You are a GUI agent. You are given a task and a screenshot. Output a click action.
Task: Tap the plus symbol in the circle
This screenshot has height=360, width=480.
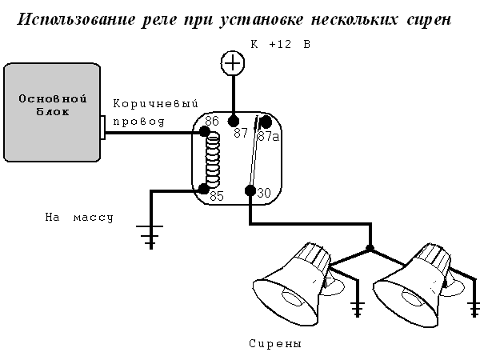point(232,62)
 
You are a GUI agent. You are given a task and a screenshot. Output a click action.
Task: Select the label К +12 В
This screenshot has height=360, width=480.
point(280,45)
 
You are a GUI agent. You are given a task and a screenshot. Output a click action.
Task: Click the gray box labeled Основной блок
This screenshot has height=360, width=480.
point(51,112)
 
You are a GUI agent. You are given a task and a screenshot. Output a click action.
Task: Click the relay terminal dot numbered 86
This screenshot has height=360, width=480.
point(205,131)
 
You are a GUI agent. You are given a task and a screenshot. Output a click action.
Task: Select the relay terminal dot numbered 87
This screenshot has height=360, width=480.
point(234,122)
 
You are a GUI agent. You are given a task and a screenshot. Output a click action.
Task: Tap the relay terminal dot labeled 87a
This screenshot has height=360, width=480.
point(266,122)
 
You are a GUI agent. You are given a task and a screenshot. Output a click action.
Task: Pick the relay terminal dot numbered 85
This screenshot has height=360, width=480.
point(204,190)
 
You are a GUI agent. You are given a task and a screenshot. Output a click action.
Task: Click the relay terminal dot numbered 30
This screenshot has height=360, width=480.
point(250,190)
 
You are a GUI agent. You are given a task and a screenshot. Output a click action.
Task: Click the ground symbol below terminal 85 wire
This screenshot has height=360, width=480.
point(149,235)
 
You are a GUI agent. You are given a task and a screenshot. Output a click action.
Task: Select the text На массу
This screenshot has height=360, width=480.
point(80,218)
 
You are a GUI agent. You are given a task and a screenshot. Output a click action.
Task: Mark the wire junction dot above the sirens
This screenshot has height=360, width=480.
point(369,248)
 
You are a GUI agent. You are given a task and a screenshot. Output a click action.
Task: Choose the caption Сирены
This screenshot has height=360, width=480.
point(275,344)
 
